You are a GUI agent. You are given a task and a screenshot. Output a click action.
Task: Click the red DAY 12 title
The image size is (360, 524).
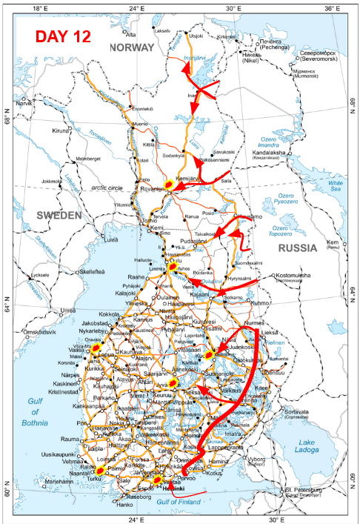(62, 36)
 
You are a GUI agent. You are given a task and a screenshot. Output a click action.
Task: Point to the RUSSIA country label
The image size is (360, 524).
(295, 249)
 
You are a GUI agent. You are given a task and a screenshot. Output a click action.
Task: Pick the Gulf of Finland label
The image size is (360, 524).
(181, 503)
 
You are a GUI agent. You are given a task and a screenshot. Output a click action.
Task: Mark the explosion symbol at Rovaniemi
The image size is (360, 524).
(170, 186)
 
